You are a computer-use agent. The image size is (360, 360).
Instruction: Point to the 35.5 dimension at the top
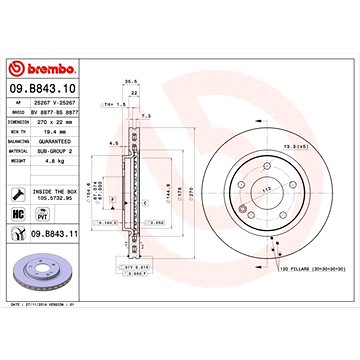click(129, 85)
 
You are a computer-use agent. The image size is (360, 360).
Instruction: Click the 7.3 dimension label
click(147, 116)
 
